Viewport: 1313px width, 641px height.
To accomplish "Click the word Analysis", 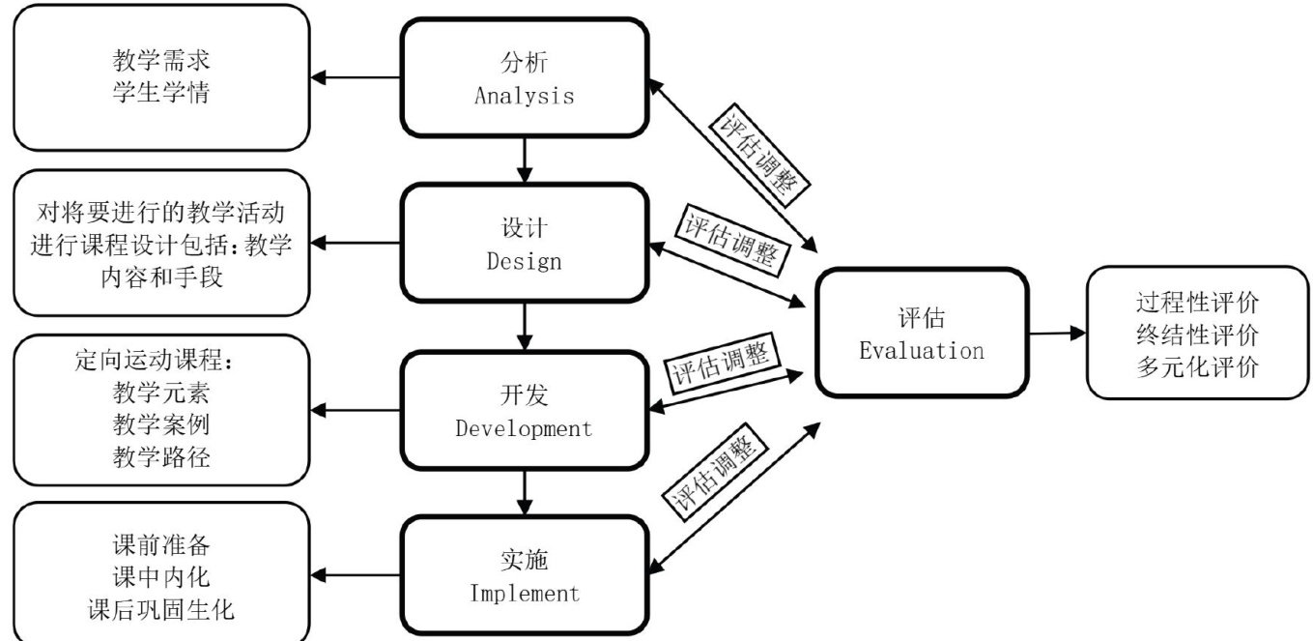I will (524, 96).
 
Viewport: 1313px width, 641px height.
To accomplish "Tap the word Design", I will (524, 260).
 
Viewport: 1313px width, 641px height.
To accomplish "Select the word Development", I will (524, 427).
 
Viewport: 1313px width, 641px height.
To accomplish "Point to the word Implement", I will (524, 592).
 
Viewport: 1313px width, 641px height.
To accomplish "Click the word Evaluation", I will (922, 350).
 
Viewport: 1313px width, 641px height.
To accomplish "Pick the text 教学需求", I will (161, 62).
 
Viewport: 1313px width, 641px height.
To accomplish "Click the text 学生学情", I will (161, 97).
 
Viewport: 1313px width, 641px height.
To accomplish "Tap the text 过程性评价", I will (1197, 303).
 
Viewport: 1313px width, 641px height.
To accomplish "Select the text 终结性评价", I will (1197, 335).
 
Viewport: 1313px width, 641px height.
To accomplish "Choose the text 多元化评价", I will (1197, 368).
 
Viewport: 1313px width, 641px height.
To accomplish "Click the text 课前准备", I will (161, 542).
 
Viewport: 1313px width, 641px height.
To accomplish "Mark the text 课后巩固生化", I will (161, 609).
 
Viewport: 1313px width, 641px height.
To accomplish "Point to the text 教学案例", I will (161, 424).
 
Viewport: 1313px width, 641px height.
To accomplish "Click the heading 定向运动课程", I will (155, 359).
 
